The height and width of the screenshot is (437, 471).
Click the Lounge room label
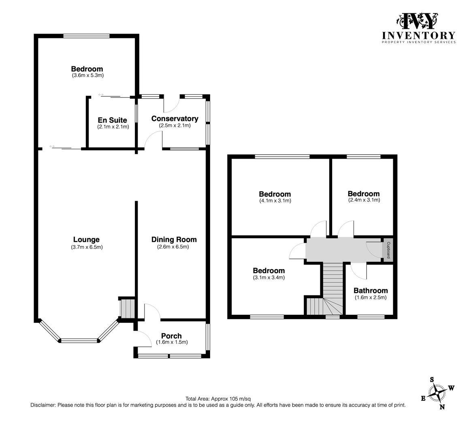tap(86, 240)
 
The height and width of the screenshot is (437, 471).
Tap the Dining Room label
tap(174, 240)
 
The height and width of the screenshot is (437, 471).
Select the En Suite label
tap(112, 120)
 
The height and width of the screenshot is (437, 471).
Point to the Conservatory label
tap(175, 119)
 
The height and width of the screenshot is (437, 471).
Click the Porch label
tap(171, 336)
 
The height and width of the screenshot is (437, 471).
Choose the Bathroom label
tap(371, 291)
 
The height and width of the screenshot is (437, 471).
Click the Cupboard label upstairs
tap(388, 250)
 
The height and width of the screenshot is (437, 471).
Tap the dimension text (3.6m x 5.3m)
tap(88, 75)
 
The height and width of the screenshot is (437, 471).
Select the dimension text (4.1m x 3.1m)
tap(275, 201)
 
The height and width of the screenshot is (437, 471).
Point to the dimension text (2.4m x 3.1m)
tap(364, 200)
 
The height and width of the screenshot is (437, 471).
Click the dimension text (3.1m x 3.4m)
tap(269, 277)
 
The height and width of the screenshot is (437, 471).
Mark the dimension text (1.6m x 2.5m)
tap(371, 297)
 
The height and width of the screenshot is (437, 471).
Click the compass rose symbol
tap(437, 393)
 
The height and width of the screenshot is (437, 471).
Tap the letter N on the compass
tap(442, 407)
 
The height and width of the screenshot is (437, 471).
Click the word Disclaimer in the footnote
tap(43, 405)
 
